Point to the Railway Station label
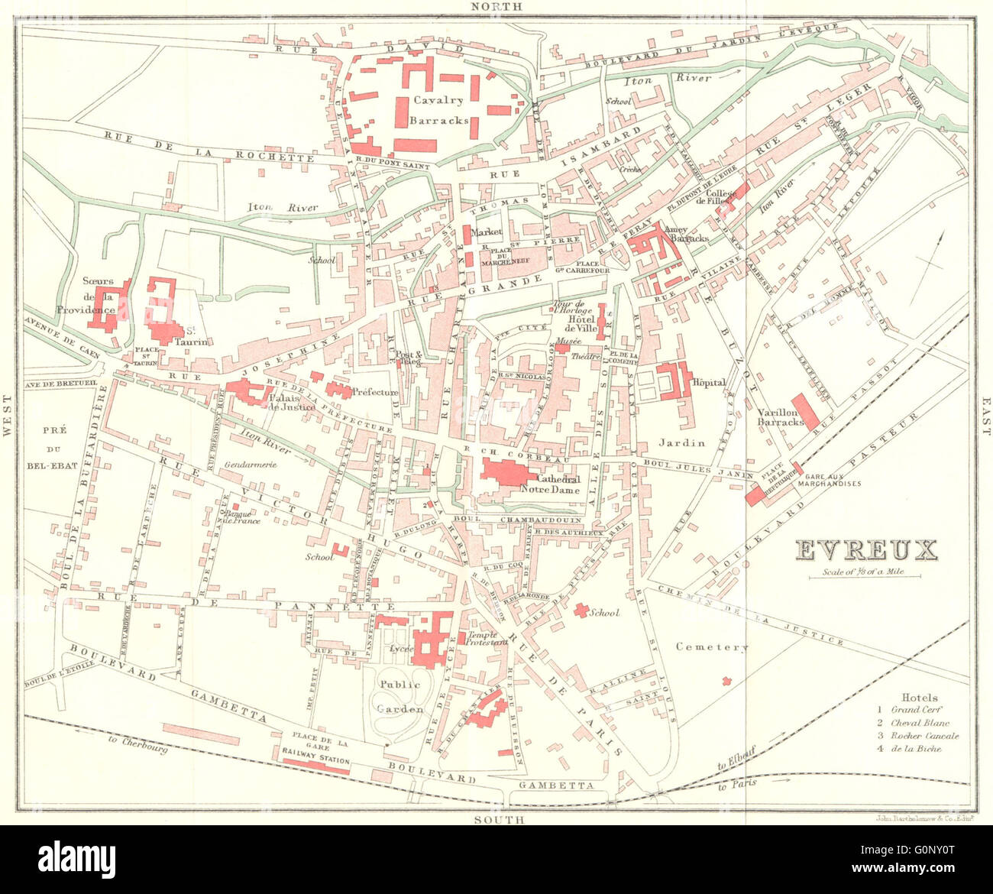click(x=315, y=761)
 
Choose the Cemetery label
click(x=712, y=646)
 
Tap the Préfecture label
click(x=375, y=393)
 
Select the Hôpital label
click(x=708, y=382)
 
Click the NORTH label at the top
click(x=496, y=7)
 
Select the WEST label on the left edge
click(x=8, y=416)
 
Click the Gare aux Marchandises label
click(x=829, y=478)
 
